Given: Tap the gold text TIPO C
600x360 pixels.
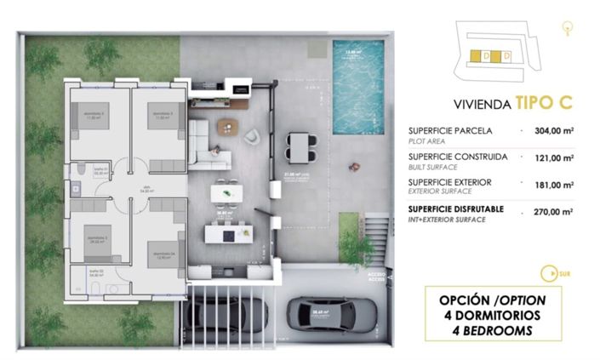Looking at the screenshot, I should (x=542, y=104).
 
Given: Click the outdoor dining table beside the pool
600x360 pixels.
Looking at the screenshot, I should (x=300, y=146).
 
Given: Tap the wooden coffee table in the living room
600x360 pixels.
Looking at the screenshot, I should (x=227, y=127).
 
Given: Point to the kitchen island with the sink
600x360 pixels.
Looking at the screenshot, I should (x=229, y=229).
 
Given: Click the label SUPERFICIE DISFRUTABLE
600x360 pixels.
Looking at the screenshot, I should (x=455, y=208).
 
